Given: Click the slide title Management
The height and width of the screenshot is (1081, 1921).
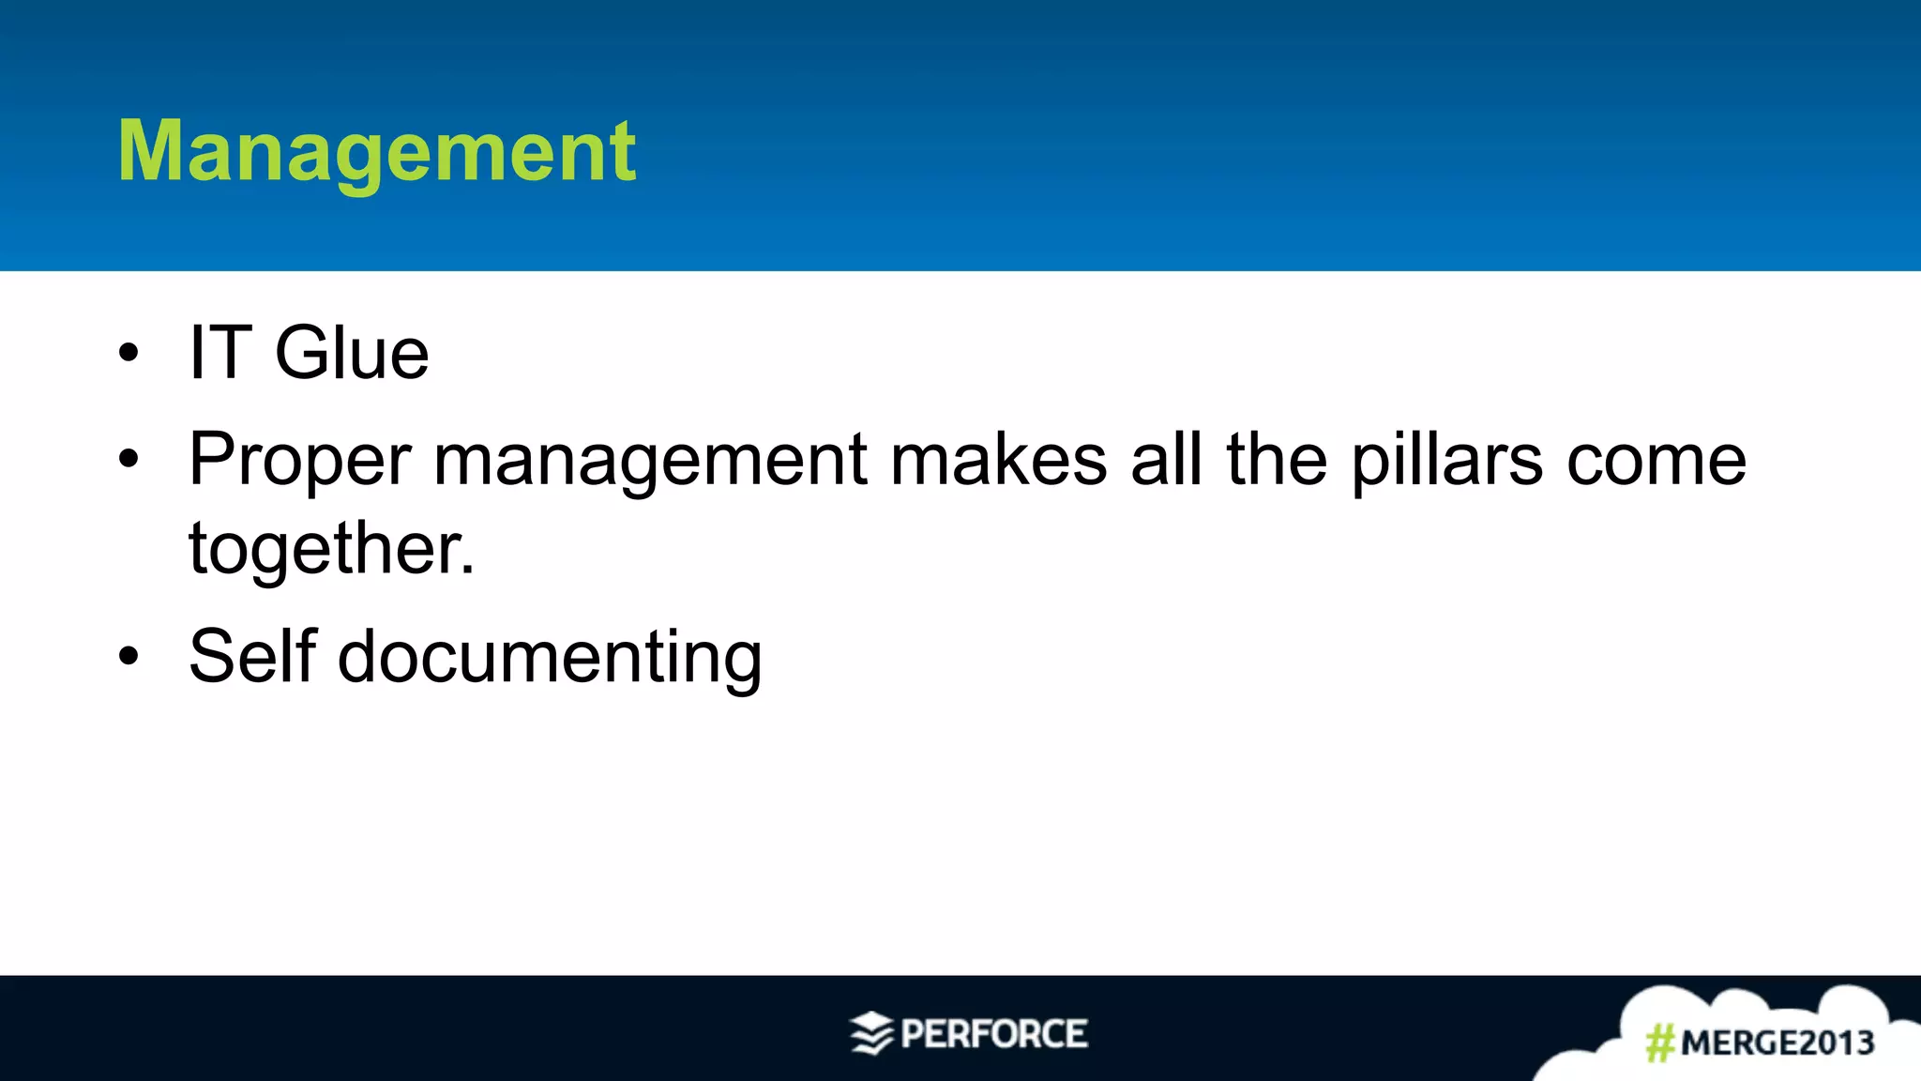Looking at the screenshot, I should tap(376, 152).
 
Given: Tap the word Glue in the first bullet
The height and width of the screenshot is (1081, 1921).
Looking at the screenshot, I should tap(352, 353).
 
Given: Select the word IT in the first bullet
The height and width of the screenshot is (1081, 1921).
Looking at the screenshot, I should tap(220, 353).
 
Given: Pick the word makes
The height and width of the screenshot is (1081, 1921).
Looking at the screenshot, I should tap(998, 460).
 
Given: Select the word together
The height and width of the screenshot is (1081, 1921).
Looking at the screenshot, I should tap(331, 550).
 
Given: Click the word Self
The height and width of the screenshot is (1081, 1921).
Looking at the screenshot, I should tap(252, 656).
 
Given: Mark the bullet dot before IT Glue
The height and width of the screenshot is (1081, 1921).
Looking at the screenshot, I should tap(129, 354).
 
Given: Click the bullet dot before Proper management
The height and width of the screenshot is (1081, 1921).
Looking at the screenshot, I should tap(129, 460).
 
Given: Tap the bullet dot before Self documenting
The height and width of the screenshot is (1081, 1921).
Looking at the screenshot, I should tap(129, 657).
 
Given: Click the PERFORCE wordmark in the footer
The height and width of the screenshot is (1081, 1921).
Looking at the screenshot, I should tap(994, 1034).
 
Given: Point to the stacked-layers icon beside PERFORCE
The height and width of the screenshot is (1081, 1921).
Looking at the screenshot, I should tap(871, 1034).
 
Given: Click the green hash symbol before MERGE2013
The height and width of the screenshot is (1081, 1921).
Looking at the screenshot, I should tap(1660, 1043).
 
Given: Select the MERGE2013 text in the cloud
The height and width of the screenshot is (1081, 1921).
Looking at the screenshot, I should tap(1777, 1043).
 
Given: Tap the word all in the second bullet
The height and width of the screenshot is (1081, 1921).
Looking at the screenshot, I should tap(1166, 460).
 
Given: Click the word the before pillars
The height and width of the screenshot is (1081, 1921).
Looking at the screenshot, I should tap(1277, 460).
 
